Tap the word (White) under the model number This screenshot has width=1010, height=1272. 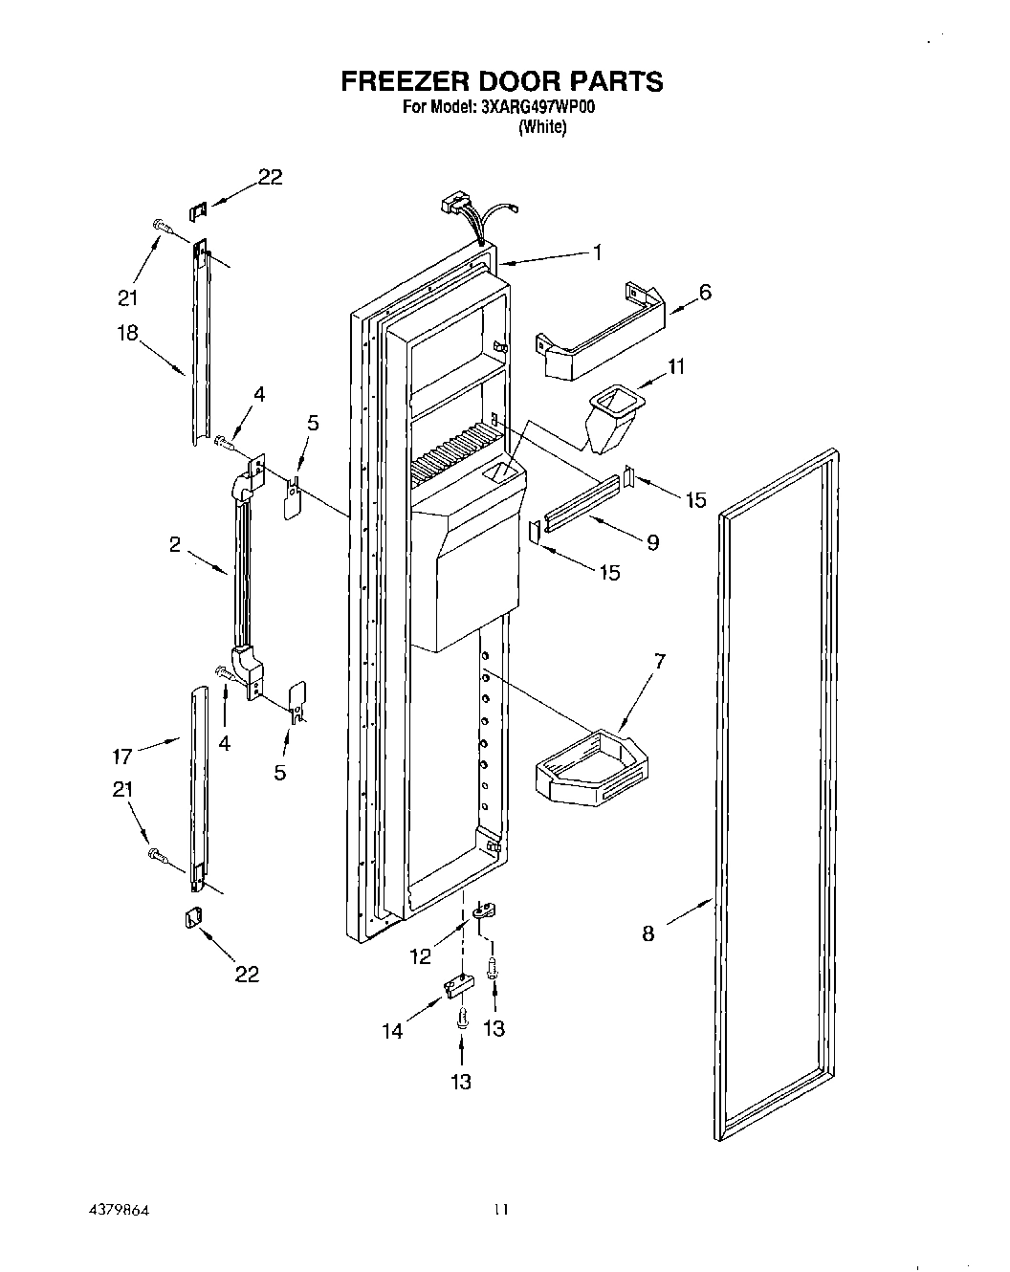tap(541, 128)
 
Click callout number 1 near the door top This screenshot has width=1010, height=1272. tap(597, 252)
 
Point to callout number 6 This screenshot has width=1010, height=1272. tap(705, 293)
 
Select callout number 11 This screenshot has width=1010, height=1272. tap(676, 366)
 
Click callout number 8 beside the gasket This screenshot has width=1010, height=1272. tap(648, 934)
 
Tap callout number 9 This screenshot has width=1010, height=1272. tap(652, 542)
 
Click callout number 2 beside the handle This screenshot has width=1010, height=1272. tap(174, 544)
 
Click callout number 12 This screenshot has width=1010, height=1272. tap(421, 955)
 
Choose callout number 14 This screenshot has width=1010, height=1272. tap(393, 1030)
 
